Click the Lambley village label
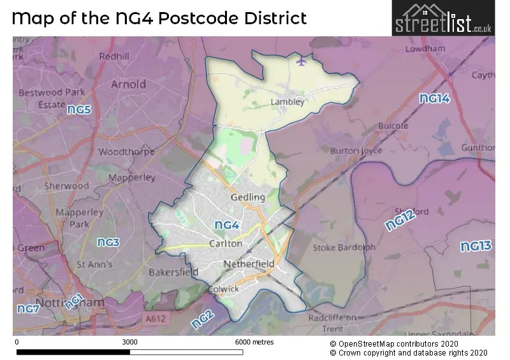pos(287,101)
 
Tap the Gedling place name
pos(248,198)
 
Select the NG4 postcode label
pos(226,225)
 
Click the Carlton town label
pos(226,243)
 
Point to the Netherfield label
pos(249,264)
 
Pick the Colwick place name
pos(224,289)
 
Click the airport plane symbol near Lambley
pos(301,61)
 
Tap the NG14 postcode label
pos(434,99)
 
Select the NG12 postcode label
pos(400,220)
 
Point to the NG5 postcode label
pos(80,110)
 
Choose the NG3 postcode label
pos(108,243)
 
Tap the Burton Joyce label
pos(356,151)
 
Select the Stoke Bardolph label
pos(344,248)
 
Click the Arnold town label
pos(128,84)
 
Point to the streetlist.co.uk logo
pos(442,18)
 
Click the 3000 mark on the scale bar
pos(129,342)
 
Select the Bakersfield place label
pos(173,272)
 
